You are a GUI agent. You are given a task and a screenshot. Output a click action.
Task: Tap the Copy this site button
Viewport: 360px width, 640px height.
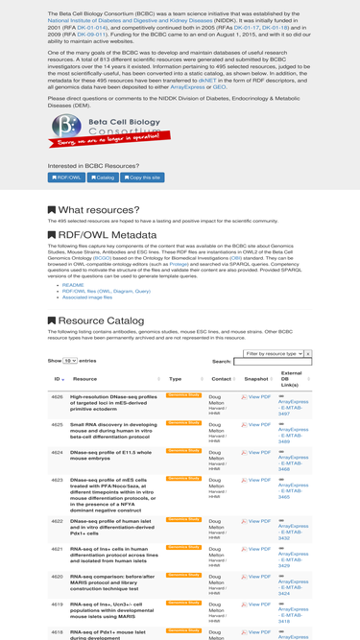[x=142, y=178]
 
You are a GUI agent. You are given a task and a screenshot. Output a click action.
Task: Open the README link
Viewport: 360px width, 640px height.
[x=73, y=285]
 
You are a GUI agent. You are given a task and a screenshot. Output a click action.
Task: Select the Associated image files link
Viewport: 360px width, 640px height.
[x=87, y=297]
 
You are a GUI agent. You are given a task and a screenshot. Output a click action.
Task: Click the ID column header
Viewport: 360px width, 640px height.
[x=58, y=379]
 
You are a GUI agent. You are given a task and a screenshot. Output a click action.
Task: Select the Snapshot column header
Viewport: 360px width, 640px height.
[x=256, y=379]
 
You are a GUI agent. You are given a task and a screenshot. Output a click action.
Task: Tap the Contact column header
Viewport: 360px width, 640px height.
[x=221, y=379]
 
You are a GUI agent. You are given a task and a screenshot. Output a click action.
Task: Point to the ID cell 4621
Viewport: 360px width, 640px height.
[x=58, y=549]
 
